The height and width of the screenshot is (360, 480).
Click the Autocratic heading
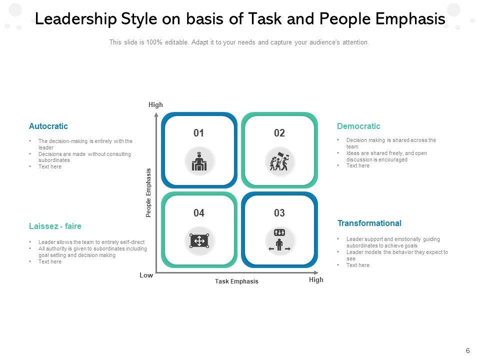pos(48,126)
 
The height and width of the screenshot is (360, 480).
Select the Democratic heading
pos(358,126)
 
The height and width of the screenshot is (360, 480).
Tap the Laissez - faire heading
pos(55,226)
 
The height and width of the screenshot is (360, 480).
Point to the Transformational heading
pos(369,223)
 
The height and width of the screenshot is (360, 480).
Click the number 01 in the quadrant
pos(199,133)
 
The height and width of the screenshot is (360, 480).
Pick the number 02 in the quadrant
pos(279,133)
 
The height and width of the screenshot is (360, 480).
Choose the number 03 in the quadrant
pos(279,213)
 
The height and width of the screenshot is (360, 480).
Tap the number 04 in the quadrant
pos(199,213)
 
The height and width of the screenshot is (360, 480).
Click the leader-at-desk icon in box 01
pos(199,161)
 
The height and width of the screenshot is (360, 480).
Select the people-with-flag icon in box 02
pos(279,161)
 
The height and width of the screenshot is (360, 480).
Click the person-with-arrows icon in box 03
pos(279,240)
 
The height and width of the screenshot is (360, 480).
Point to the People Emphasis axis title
pos(148,192)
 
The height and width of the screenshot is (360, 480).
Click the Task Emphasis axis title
pos(236,281)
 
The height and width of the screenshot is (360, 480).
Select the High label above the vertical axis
pos(155,105)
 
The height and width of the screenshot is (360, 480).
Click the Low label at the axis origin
pos(146,275)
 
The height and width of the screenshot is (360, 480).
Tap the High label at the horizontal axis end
pos(316,280)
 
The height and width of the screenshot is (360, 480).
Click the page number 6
pos(467,351)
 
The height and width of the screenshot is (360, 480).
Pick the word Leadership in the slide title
pos(76,19)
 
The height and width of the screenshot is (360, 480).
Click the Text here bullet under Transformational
pos(358,265)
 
